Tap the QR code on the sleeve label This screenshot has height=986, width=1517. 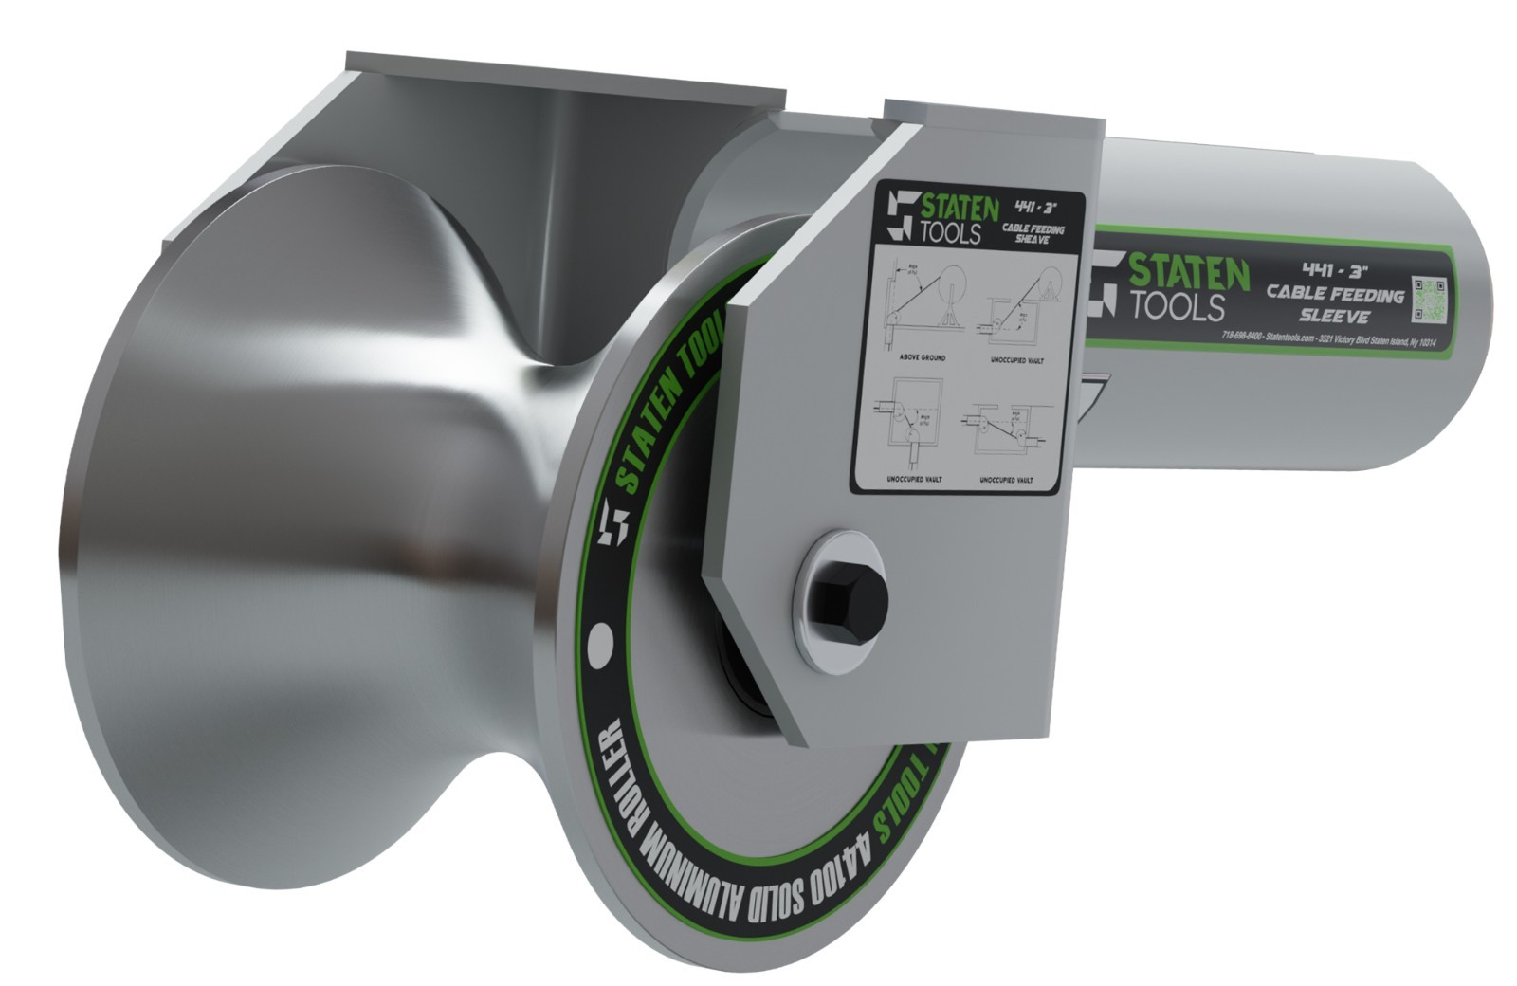pyautogui.click(x=1430, y=299)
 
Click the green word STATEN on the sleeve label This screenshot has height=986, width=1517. pyautogui.click(x=1186, y=274)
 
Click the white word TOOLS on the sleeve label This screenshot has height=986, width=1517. pyautogui.click(x=1175, y=306)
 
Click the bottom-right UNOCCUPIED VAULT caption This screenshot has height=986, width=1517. pyautogui.click(x=1006, y=480)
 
